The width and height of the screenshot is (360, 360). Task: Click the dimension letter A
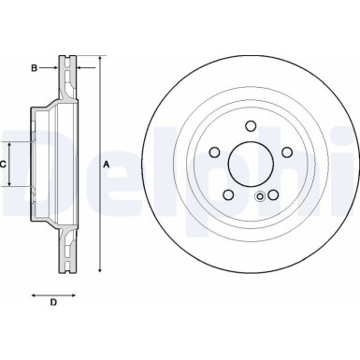106,164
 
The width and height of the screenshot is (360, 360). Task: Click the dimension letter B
34,67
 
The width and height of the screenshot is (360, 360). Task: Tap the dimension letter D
53,301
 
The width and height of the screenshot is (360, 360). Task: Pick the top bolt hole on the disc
251,128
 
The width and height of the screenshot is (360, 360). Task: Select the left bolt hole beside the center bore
215,152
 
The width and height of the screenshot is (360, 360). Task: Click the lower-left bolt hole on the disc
229,194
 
